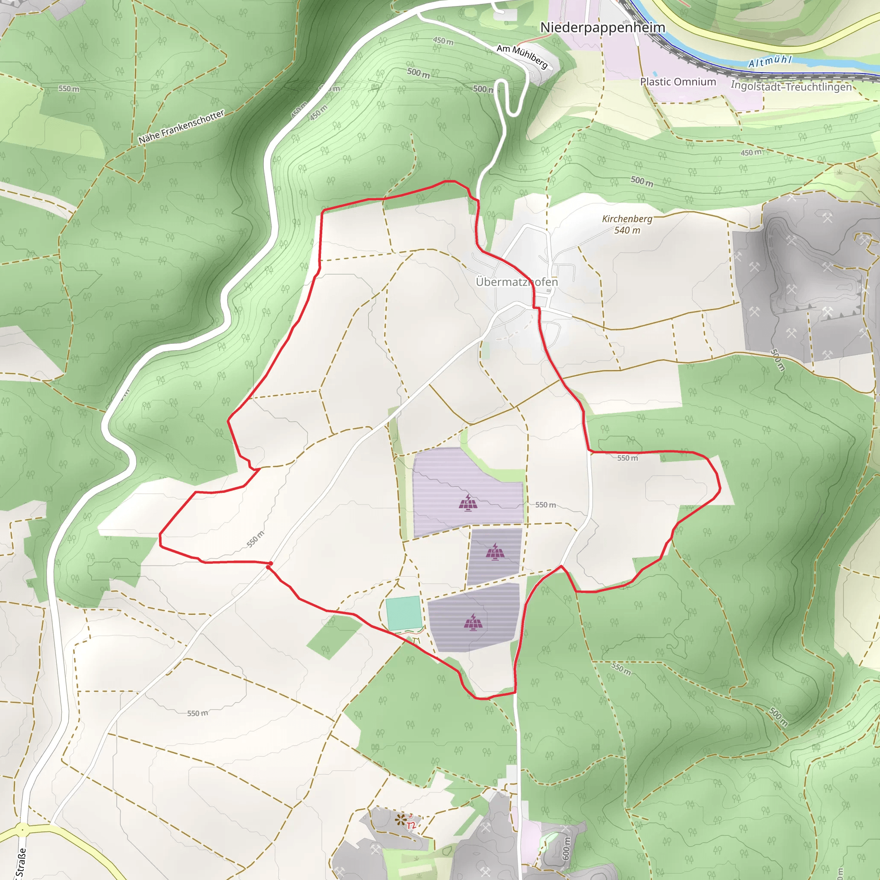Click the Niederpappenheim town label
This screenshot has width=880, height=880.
click(x=602, y=28)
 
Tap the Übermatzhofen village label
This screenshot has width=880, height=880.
click(x=516, y=282)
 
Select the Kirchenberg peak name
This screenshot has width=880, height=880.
click(x=627, y=219)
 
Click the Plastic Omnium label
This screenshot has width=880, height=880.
click(x=678, y=82)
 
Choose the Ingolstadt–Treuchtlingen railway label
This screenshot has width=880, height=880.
click(x=791, y=86)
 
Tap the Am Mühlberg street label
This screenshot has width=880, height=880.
click(x=522, y=56)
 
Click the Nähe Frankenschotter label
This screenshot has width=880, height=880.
click(x=181, y=127)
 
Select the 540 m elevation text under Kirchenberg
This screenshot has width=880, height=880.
click(x=627, y=230)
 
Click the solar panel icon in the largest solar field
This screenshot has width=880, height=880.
click(x=468, y=503)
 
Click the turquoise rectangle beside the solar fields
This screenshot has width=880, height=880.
click(x=403, y=613)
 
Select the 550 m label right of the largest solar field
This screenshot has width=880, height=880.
click(x=545, y=505)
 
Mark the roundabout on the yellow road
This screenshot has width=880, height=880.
click(x=21, y=830)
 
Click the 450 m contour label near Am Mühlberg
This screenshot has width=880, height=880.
click(x=443, y=41)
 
